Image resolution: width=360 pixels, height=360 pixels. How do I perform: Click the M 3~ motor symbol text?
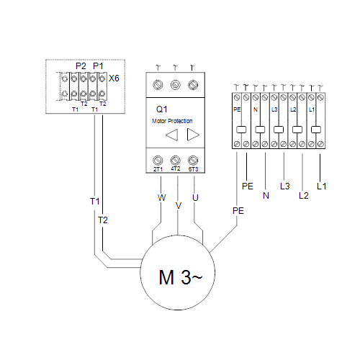(x=181, y=277)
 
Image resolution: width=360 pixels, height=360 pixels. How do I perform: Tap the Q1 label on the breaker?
(x=161, y=109)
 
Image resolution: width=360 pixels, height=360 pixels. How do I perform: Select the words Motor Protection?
(x=172, y=121)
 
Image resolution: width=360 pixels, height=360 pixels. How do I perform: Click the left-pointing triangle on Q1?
(x=172, y=135)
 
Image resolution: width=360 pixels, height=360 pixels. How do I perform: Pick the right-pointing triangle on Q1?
(x=193, y=135)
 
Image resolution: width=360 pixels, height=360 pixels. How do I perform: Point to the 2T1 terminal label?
(x=158, y=169)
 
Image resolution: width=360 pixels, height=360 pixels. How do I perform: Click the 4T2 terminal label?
(x=176, y=168)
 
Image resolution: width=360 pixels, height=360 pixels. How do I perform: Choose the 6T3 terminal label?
(x=193, y=169)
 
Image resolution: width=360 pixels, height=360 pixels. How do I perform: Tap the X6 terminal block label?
(x=114, y=78)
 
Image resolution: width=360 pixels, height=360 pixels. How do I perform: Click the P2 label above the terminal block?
(x=81, y=66)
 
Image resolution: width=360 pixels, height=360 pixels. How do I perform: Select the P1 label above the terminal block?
(x=98, y=66)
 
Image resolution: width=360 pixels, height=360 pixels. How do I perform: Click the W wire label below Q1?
(x=161, y=198)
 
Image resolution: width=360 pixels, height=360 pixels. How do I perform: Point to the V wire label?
(x=179, y=206)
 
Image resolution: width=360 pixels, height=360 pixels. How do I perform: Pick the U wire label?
(x=195, y=198)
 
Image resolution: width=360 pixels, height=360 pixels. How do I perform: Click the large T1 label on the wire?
(x=95, y=202)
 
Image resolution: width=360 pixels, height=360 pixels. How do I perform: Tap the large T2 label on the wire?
(x=103, y=220)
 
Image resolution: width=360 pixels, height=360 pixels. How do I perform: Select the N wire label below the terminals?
(x=266, y=196)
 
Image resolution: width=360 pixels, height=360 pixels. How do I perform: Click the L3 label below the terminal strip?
(x=285, y=186)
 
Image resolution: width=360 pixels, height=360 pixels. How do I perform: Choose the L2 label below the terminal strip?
(x=304, y=196)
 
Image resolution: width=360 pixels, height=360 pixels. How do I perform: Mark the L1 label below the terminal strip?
(x=322, y=186)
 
